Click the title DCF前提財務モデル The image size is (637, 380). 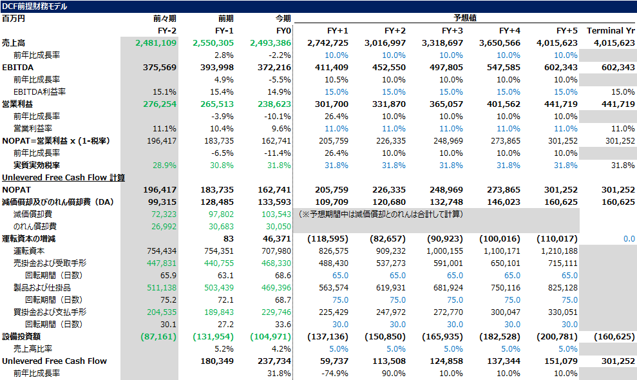[35, 6]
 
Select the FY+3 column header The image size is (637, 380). [452, 31]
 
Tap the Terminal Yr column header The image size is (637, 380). [611, 31]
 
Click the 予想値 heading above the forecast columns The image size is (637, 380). [465, 18]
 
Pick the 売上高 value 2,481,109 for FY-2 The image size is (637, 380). [156, 43]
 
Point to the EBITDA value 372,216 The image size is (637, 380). [274, 68]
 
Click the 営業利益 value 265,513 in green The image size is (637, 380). [217, 104]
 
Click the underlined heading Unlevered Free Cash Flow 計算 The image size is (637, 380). [63, 178]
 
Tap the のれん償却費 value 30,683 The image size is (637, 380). [221, 226]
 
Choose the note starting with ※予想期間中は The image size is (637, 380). [381, 214]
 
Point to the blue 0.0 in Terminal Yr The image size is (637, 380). [629, 238]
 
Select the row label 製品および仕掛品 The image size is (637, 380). [42, 288]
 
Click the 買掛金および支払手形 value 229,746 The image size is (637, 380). [276, 312]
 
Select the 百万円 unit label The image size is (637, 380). [14, 19]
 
